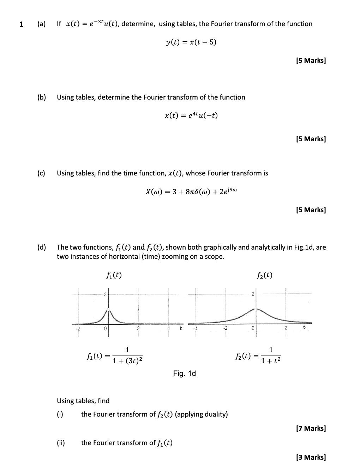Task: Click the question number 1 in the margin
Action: coord(21,24)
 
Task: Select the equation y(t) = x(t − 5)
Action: coord(191,42)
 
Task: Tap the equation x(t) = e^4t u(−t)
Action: coord(191,115)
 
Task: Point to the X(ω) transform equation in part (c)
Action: coord(191,192)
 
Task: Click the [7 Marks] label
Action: coord(311,428)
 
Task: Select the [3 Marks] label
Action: coord(311,457)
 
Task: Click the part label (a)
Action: coord(42,24)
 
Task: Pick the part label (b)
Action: coord(42,97)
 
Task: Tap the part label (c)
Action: coord(42,173)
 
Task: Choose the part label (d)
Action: coord(42,247)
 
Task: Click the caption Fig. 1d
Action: coord(184,373)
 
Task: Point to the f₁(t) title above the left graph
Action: coord(114,275)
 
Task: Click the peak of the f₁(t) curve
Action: coord(109,310)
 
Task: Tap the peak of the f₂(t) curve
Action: coord(257,309)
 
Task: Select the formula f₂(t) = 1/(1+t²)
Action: coord(258,356)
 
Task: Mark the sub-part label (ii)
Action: coord(61,443)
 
